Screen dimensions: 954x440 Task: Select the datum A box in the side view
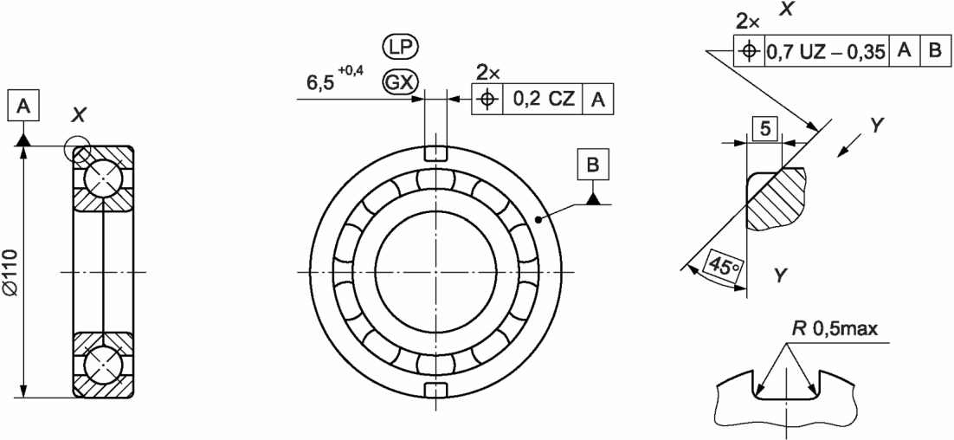coord(23,106)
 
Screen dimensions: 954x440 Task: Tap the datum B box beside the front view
coord(593,165)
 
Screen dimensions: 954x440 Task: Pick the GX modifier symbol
coord(400,83)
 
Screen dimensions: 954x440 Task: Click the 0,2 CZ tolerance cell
coord(543,99)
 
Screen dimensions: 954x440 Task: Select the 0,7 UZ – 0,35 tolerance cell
coord(826,51)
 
